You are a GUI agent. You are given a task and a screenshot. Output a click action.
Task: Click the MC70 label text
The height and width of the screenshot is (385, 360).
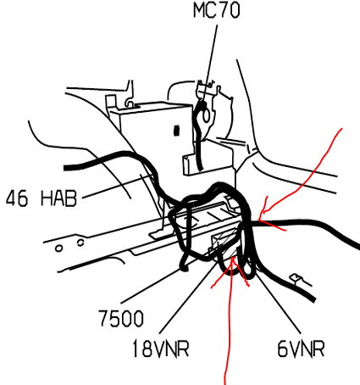[217, 10]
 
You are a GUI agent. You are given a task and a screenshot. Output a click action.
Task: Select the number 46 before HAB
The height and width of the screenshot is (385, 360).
[17, 198]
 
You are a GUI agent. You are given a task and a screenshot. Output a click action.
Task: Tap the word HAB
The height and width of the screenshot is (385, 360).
[58, 198]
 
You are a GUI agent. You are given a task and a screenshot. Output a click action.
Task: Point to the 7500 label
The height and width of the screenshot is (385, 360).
[121, 318]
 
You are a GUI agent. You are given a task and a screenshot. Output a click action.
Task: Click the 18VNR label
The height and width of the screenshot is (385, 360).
[161, 349]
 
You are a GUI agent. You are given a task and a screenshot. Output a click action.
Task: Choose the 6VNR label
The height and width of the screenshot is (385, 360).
[301, 349]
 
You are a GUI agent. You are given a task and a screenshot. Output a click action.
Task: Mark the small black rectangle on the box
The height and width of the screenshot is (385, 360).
[176, 131]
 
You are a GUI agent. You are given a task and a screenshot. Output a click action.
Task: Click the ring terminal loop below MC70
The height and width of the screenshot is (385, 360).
[206, 115]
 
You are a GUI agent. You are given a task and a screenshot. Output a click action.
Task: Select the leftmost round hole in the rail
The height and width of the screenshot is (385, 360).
[58, 248]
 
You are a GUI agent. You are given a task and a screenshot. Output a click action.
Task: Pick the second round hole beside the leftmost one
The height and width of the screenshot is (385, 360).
[80, 243]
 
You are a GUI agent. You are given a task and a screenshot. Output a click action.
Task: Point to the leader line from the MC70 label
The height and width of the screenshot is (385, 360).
[210, 63]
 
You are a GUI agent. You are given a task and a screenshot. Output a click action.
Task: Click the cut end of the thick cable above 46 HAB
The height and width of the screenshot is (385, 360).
[65, 168]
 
